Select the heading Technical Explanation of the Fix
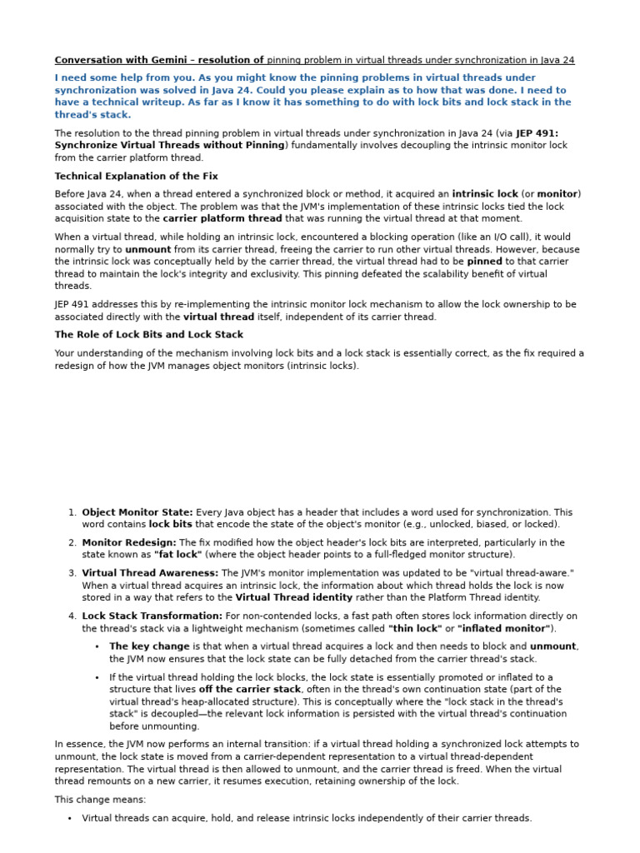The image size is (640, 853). click(136, 176)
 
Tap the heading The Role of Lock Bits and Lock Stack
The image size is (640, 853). click(148, 334)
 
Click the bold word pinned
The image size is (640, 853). click(484, 261)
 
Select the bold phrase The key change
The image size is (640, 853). click(149, 646)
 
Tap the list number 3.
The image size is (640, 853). click(72, 573)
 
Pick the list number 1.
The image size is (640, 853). click(72, 513)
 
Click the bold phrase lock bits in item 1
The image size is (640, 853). click(170, 525)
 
